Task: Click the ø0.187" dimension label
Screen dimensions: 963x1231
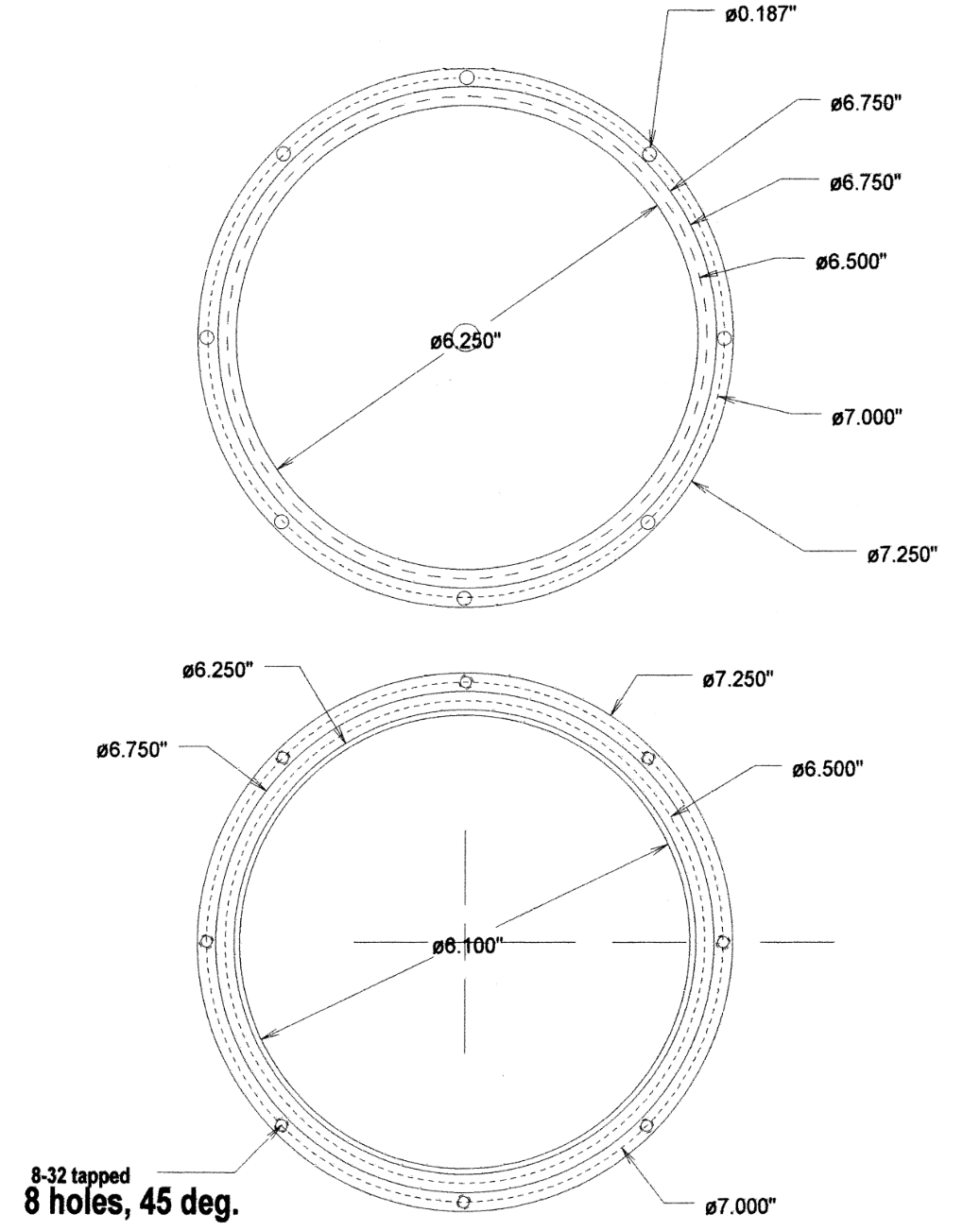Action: point(761,15)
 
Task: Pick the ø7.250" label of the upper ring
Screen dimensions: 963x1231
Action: point(903,555)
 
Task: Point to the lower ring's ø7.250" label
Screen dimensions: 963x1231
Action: point(739,679)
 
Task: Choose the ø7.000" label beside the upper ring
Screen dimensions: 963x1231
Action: point(867,418)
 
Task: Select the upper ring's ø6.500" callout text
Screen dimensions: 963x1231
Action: point(851,262)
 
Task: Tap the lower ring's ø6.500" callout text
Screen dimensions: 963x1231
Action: point(828,769)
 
